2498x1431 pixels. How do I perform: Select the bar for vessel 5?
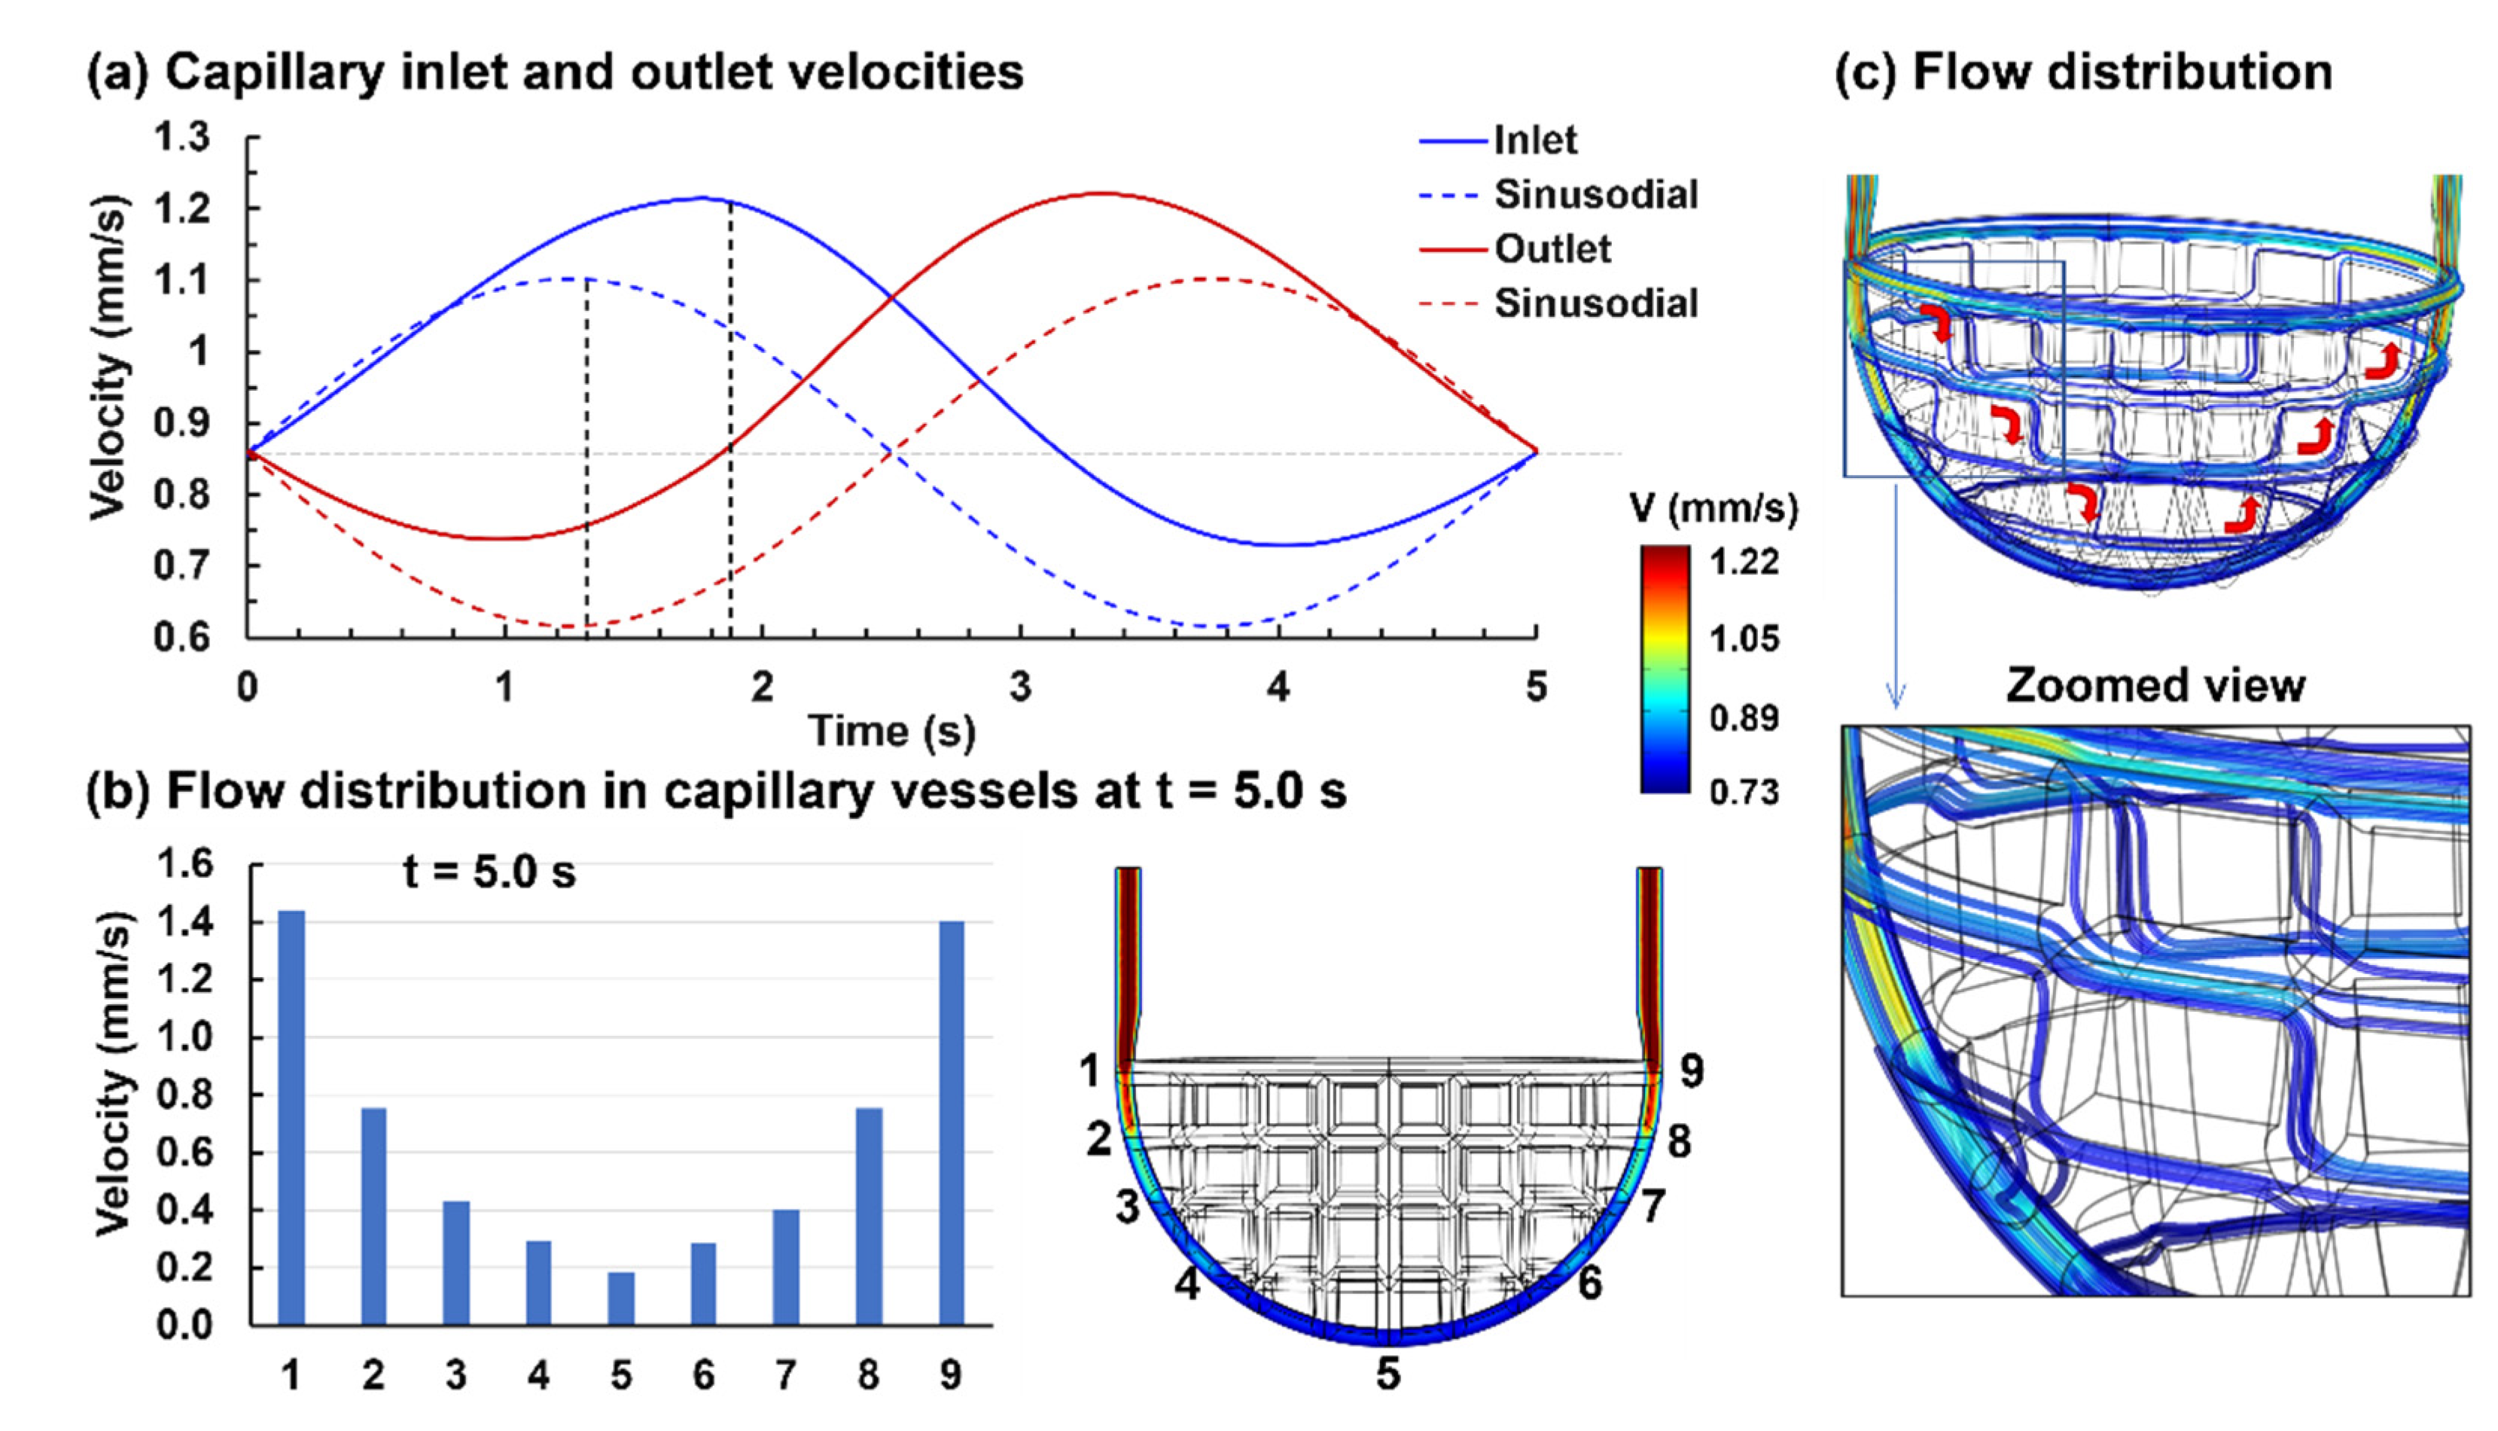(x=621, y=1299)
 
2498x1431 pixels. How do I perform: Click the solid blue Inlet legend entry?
(x=1534, y=141)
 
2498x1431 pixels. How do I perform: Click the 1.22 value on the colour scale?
(x=1744, y=562)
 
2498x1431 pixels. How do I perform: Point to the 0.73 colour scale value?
(x=1744, y=792)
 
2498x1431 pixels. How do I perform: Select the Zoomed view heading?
(x=2155, y=685)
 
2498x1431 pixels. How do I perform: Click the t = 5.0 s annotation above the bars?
(x=489, y=872)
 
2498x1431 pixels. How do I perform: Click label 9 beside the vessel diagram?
(x=1690, y=1071)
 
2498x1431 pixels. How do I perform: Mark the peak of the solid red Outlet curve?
(x=1104, y=193)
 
